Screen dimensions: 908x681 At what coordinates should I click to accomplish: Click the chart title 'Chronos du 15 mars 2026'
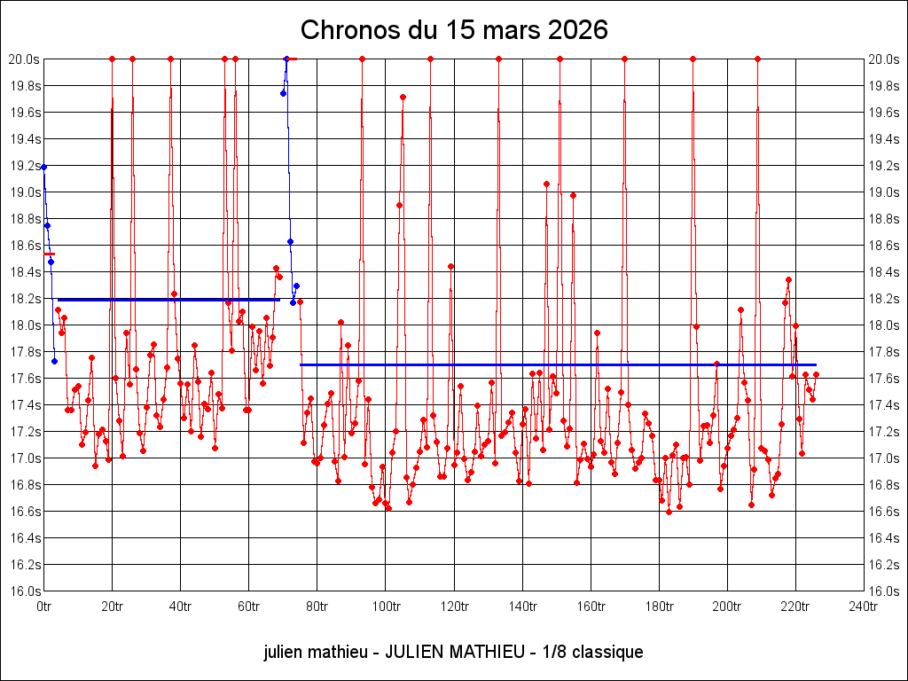454,30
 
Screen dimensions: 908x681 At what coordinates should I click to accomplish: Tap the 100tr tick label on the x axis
385,607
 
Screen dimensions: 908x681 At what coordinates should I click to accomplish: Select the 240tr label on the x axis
864,607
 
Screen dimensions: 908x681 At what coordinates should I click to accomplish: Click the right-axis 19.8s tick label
884,86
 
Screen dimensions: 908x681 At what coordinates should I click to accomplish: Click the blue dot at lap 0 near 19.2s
44,168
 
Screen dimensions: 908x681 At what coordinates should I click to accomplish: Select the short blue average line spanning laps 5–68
169,300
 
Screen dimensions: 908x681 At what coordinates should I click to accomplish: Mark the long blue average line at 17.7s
559,364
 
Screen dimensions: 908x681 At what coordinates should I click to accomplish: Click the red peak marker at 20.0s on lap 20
113,59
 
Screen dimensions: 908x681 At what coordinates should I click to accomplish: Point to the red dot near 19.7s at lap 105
403,98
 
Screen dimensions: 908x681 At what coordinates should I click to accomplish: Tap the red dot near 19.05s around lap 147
546,184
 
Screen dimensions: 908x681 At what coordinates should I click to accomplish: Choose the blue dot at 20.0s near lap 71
286,59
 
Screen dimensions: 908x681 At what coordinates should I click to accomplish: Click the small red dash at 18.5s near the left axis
50,254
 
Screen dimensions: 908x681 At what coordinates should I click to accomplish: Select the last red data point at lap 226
816,375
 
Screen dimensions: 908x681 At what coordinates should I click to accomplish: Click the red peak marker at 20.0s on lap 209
757,59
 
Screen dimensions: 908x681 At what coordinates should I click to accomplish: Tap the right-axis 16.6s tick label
884,512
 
